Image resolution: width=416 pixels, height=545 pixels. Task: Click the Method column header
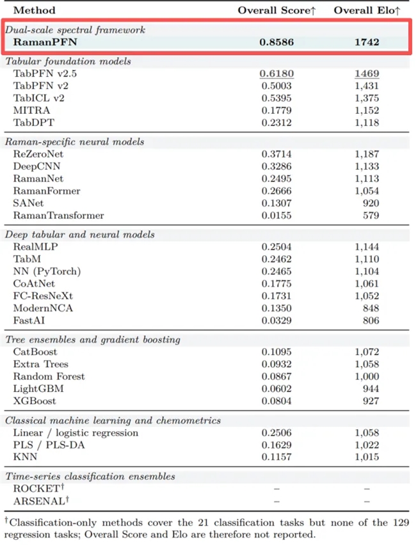34,10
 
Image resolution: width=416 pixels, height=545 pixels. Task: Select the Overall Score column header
276,10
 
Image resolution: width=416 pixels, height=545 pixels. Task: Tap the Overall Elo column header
367,10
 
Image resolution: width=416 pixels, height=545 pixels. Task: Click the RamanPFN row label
45,42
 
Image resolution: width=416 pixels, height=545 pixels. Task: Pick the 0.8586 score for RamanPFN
276,42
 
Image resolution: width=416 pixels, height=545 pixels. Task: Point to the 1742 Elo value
367,42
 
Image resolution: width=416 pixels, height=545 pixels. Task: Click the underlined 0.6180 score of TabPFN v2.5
276,74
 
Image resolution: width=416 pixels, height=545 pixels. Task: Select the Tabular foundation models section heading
68,61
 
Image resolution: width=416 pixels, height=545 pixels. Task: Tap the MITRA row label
31,111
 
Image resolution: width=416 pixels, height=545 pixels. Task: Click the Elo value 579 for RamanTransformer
371,216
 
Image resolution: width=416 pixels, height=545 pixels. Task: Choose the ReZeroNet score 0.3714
276,154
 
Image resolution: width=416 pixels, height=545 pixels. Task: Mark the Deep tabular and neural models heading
79,235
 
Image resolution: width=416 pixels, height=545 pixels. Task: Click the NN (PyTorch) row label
47,271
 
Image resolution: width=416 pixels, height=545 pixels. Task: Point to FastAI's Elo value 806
371,320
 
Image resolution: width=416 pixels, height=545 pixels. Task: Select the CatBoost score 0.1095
276,352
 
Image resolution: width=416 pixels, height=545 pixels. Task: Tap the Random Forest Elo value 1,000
367,377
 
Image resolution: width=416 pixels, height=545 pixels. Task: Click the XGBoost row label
35,401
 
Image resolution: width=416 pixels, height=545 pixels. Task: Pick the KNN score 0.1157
276,457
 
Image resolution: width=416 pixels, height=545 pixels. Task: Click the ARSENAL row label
41,501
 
